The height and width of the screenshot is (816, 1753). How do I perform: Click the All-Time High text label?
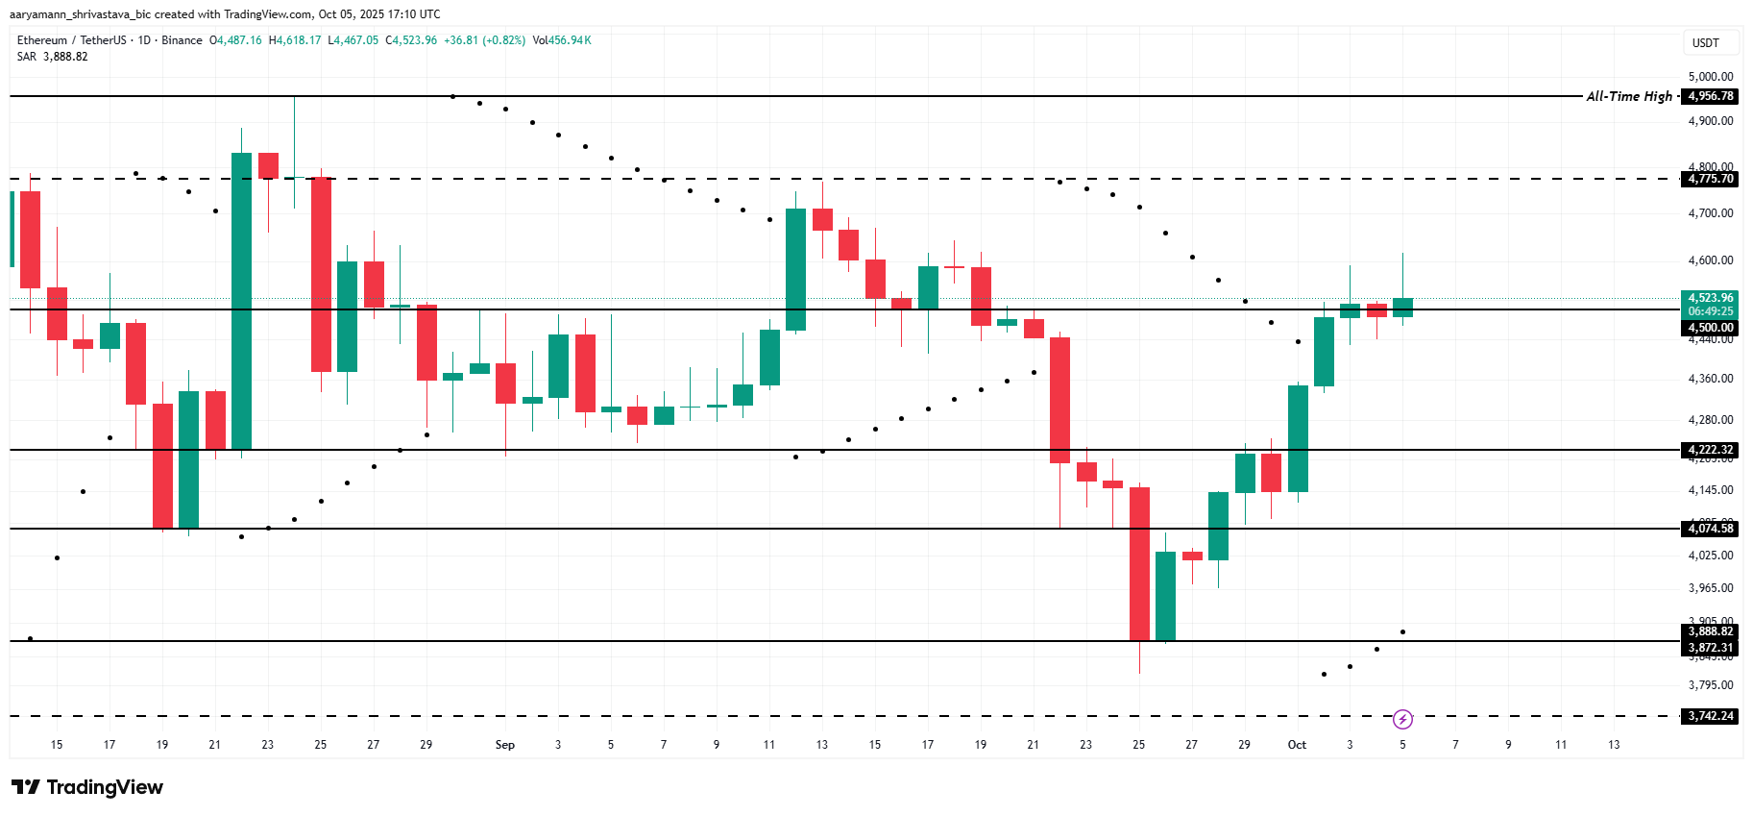click(1628, 96)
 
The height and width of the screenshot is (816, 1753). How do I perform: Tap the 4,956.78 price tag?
click(1711, 96)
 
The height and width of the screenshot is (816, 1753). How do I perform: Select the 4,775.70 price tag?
click(1711, 179)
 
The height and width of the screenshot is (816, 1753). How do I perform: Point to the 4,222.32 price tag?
click(1711, 450)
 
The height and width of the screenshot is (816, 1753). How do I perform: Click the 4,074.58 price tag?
click(1711, 529)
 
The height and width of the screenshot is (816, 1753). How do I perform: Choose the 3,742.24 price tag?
click(1711, 716)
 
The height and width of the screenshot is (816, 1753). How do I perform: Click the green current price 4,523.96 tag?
click(1711, 298)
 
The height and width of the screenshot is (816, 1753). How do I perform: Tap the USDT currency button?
click(1705, 43)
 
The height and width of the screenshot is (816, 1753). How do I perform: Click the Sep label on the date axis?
click(504, 745)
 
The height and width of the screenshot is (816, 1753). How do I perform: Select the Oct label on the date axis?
click(1297, 745)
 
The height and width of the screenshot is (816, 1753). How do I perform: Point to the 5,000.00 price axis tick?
click(1711, 77)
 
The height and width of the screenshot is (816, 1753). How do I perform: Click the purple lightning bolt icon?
click(1402, 719)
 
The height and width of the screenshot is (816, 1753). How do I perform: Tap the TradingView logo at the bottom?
click(88, 787)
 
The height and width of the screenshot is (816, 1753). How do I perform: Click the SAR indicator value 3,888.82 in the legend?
click(65, 57)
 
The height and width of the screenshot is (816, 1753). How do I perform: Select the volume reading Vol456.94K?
click(562, 40)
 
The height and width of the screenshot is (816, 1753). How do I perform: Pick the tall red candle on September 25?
click(1139, 563)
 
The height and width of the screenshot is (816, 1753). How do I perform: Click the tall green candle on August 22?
click(241, 300)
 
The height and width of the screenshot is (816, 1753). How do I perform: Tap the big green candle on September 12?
click(795, 269)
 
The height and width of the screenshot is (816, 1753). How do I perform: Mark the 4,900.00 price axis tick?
click(1711, 121)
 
